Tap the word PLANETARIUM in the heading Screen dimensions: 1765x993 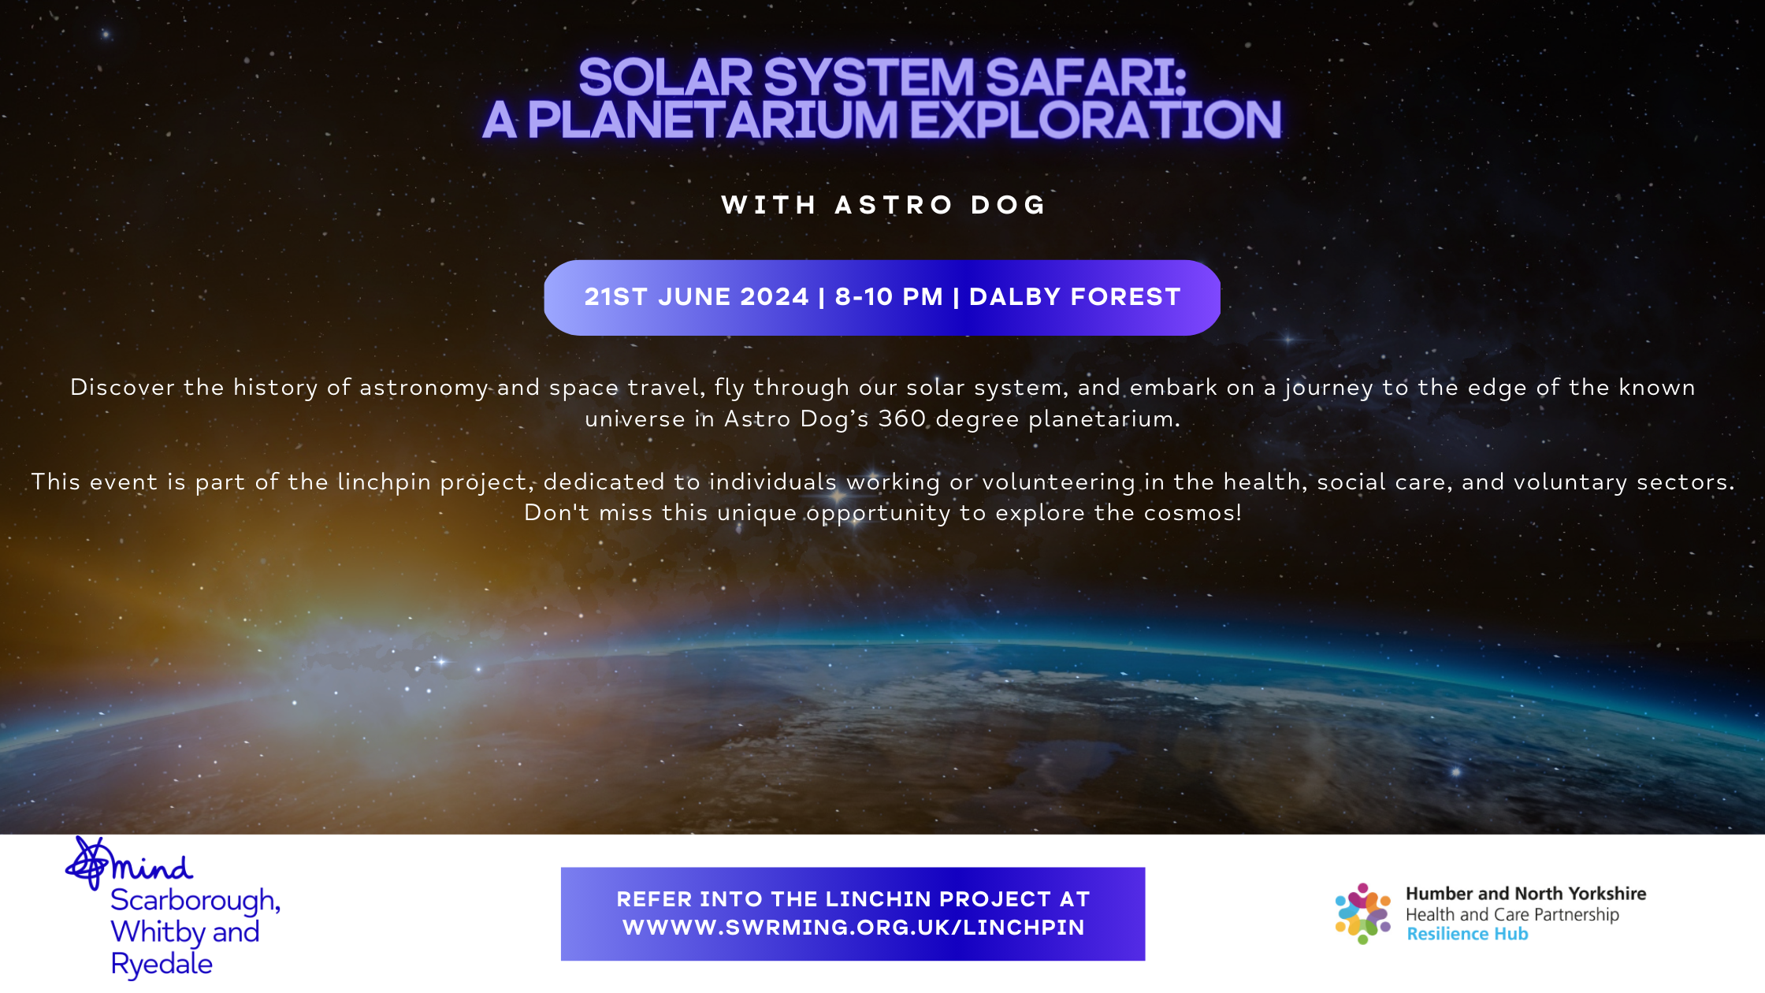pos(712,120)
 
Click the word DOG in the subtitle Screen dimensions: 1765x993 pos(1008,205)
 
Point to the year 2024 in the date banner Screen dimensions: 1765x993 pos(774,297)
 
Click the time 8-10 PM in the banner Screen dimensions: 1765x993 pos(889,297)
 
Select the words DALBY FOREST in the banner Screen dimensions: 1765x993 pos(1075,297)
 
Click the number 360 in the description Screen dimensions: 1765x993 pos(902,418)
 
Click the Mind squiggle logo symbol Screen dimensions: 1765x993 pos(88,864)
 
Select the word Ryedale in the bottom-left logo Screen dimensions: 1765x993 pos(162,964)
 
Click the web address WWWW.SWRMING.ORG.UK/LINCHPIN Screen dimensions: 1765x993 pos(853,928)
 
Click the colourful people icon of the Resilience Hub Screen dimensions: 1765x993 pos(1363,914)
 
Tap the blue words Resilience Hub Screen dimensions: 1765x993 pos(1467,935)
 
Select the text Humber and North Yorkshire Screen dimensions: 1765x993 pos(1526,894)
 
